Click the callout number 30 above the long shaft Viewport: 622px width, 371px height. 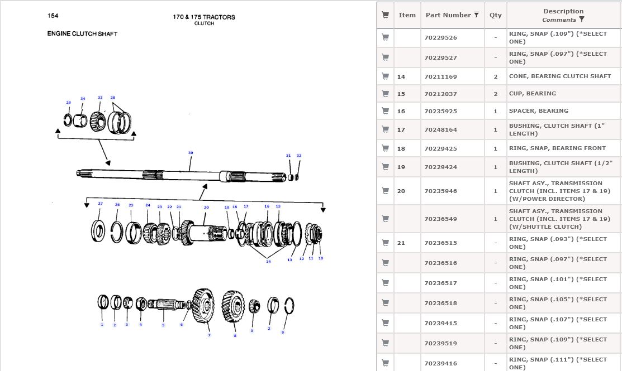(x=191, y=152)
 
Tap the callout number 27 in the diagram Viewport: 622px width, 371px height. (x=101, y=203)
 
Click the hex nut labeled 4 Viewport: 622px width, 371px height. (x=141, y=304)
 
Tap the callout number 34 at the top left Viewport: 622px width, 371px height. (x=83, y=99)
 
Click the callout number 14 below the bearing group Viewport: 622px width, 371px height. (x=268, y=261)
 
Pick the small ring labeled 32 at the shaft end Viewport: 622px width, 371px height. (x=297, y=178)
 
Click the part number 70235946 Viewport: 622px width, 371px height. (x=440, y=191)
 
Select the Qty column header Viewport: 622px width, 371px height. (x=496, y=15)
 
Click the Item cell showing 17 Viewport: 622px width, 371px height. (x=401, y=129)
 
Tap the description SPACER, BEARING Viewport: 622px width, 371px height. (x=538, y=110)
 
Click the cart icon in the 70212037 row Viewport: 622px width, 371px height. (x=385, y=93)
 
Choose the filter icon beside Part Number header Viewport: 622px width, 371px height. (x=476, y=15)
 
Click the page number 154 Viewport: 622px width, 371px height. (x=53, y=16)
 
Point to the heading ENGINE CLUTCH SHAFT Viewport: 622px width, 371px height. (x=82, y=33)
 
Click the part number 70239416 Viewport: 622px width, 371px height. (x=440, y=363)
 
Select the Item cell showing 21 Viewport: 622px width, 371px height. (x=401, y=243)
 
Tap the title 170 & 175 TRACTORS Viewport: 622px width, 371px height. (x=204, y=17)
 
